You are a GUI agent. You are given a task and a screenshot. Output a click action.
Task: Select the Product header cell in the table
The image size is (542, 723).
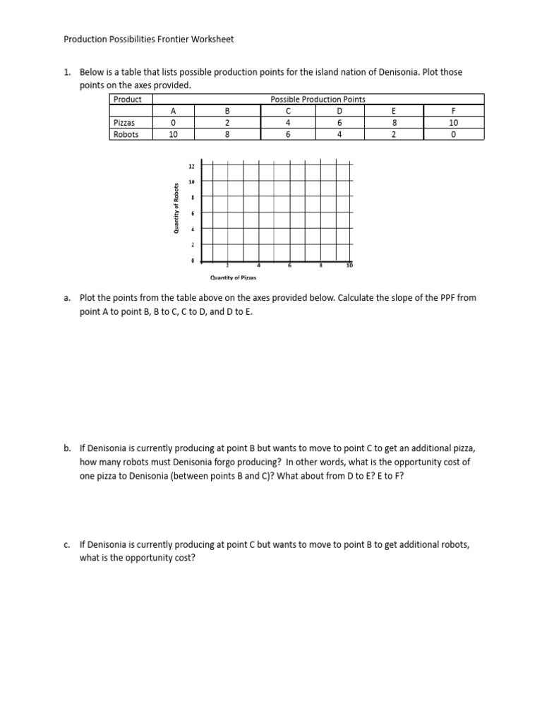(x=128, y=100)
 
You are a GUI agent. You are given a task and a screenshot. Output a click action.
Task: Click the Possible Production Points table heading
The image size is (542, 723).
(x=318, y=100)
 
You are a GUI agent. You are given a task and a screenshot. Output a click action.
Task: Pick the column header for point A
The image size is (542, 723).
(x=172, y=111)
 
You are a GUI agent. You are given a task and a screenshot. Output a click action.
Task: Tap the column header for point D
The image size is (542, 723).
(x=339, y=111)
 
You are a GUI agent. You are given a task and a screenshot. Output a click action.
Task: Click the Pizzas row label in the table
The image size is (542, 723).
(x=125, y=122)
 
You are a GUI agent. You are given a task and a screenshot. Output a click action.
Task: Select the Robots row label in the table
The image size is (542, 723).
(x=126, y=133)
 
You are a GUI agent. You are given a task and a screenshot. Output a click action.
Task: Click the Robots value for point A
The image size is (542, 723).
(x=172, y=133)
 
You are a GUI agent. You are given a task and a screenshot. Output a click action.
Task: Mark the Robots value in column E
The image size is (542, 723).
(x=395, y=133)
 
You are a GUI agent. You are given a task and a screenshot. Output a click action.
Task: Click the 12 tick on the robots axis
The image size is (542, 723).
(x=191, y=167)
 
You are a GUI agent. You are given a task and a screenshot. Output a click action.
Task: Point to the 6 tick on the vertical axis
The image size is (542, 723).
(x=192, y=213)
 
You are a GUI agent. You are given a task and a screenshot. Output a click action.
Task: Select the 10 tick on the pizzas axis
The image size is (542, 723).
(x=349, y=265)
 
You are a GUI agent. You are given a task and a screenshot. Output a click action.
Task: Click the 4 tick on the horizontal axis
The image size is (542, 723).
(x=258, y=265)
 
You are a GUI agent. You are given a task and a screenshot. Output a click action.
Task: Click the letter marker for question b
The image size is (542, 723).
(x=67, y=448)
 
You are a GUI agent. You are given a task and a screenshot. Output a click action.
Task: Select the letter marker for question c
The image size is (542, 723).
(x=67, y=545)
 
